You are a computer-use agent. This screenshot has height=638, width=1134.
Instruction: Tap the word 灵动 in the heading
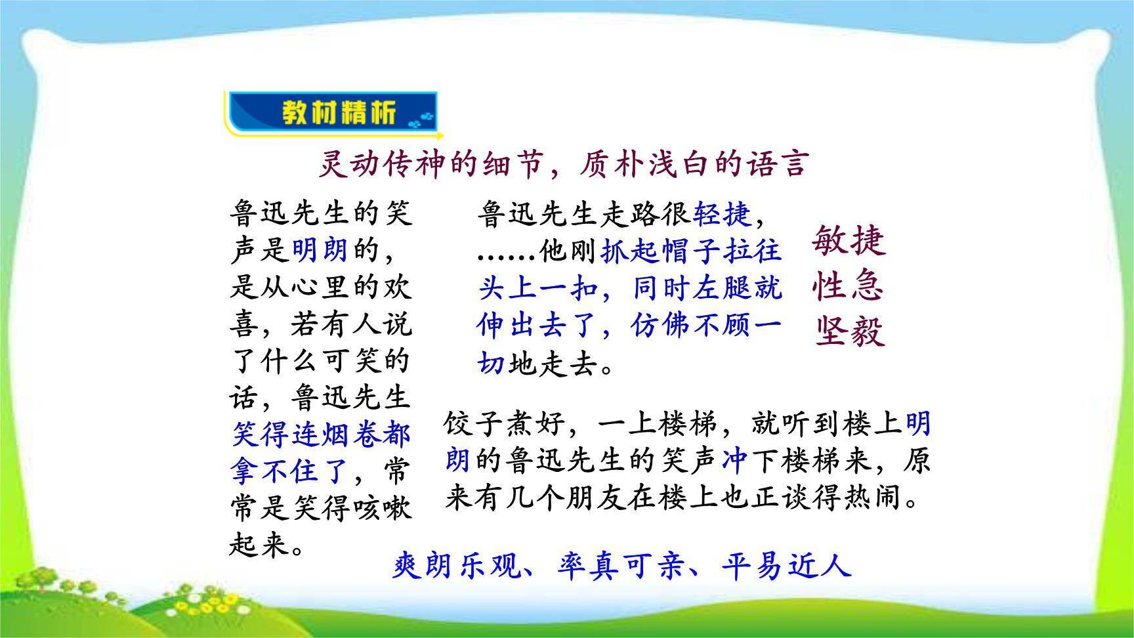(x=347, y=164)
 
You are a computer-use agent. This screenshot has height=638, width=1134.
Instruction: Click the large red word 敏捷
(x=849, y=240)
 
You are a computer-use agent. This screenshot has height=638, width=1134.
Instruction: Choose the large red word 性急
(x=849, y=286)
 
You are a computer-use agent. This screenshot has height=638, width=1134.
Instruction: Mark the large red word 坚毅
(x=850, y=331)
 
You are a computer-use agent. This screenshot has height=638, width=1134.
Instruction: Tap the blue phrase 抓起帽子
(x=661, y=251)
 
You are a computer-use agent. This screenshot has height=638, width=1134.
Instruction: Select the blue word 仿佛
(x=661, y=326)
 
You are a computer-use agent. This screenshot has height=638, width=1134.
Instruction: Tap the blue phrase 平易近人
(x=786, y=565)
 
